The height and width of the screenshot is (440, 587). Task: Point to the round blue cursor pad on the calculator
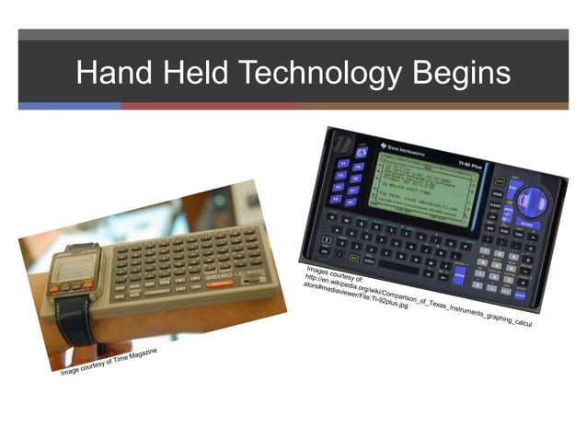click(x=532, y=200)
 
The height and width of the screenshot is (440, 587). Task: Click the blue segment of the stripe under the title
click(x=69, y=106)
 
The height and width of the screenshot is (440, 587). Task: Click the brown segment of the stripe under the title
click(x=432, y=106)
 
